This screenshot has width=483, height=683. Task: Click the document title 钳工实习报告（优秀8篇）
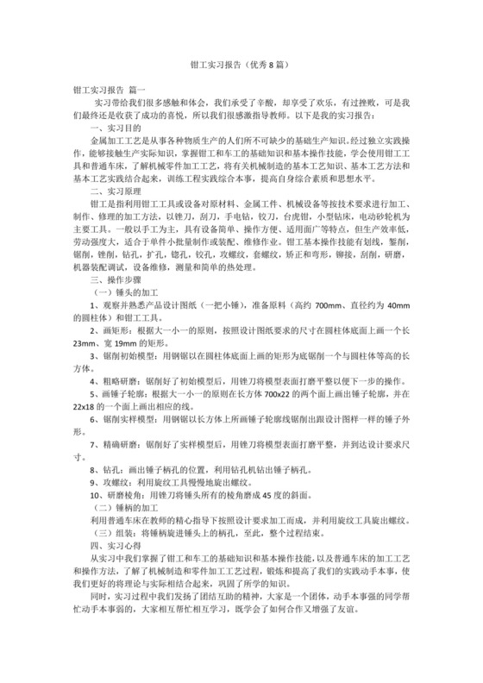[241, 64]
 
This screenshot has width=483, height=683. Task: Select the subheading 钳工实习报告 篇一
[110, 89]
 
